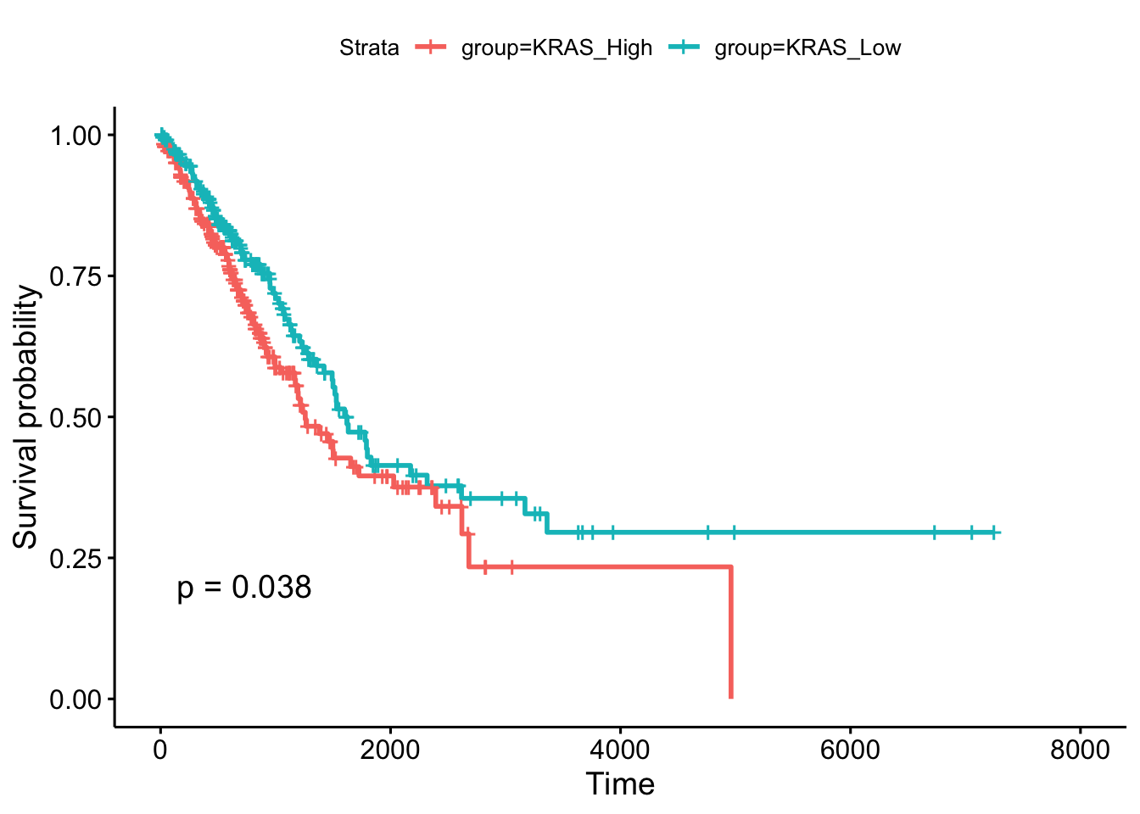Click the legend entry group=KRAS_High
click(x=556, y=48)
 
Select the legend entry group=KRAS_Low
click(x=807, y=48)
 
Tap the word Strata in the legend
click(x=369, y=48)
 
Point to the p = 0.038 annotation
click(x=244, y=588)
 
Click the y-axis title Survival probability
click(x=26, y=416)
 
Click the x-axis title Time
click(x=620, y=784)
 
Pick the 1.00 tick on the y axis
click(x=75, y=136)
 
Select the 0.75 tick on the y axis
click(x=75, y=276)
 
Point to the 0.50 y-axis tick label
click(x=75, y=417)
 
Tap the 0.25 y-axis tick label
click(x=75, y=558)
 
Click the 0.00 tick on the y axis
click(x=75, y=700)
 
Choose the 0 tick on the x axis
click(x=159, y=750)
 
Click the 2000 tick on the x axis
click(x=389, y=750)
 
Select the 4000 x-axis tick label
click(x=620, y=750)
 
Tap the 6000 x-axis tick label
click(x=850, y=750)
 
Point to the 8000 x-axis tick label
click(x=1080, y=750)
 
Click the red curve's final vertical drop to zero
click(x=730, y=632)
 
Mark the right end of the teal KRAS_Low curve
click(x=998, y=532)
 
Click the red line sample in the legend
click(x=431, y=48)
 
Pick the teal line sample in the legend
click(x=685, y=48)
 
